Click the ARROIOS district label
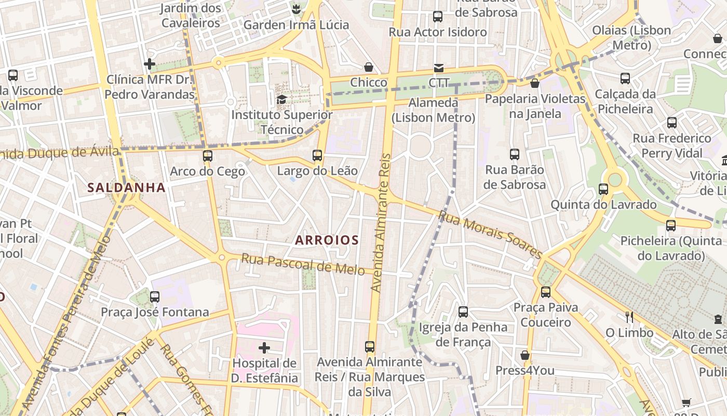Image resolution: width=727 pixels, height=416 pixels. [x=327, y=240]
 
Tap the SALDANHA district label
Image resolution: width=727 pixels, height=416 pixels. [x=126, y=187]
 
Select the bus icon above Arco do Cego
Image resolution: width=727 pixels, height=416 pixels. [x=208, y=155]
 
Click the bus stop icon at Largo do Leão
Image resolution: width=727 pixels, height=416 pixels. [x=317, y=155]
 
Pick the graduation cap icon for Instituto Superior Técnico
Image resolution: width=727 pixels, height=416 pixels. [x=281, y=99]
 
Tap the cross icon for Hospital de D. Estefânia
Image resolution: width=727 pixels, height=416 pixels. [x=264, y=347]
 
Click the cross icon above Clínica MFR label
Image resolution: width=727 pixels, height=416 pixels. [x=150, y=64]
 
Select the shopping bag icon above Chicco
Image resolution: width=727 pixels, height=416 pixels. [x=369, y=67]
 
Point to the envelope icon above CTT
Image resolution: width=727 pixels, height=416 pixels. [x=439, y=68]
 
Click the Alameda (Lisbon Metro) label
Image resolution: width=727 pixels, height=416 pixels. [x=434, y=110]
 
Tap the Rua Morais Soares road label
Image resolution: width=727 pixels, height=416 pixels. [x=490, y=233]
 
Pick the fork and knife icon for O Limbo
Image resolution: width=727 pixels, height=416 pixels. [x=629, y=317]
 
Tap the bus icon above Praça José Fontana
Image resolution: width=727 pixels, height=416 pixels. [x=155, y=297]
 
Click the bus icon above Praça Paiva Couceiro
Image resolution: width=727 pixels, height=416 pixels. [x=545, y=292]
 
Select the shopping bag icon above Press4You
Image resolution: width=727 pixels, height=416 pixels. [x=525, y=355]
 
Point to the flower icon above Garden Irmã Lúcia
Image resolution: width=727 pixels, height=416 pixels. [x=296, y=9]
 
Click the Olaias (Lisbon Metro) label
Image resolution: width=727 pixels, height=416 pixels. [x=631, y=37]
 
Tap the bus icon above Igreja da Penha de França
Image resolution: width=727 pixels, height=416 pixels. [x=463, y=312]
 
